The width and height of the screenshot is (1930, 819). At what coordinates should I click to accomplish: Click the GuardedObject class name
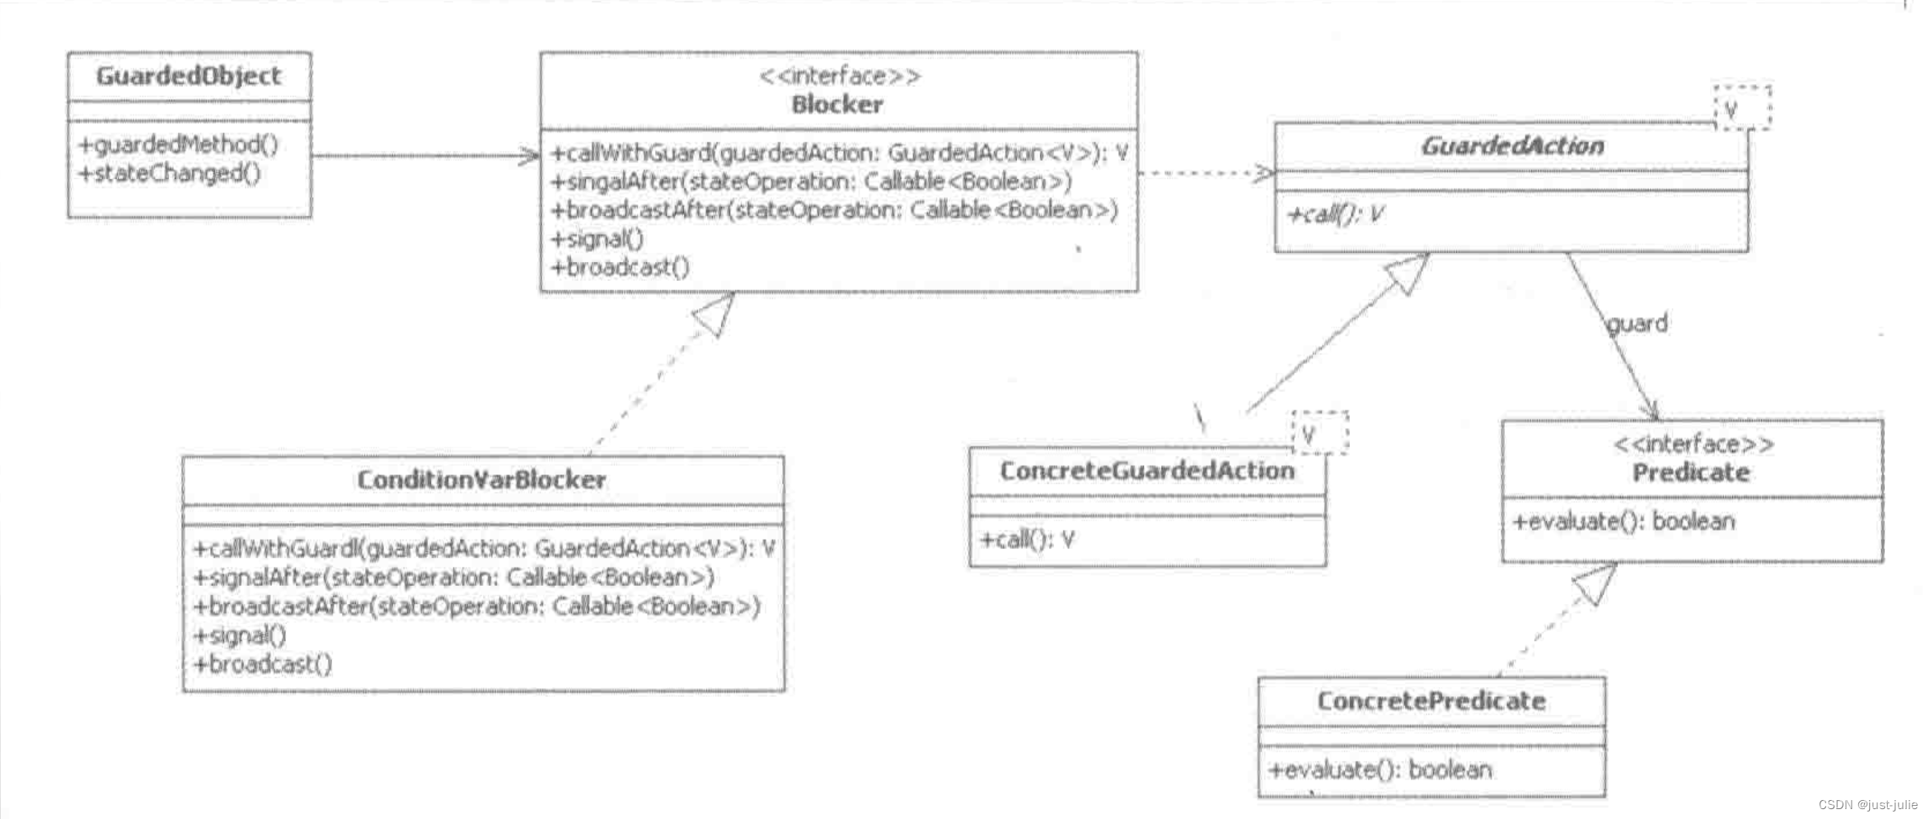[188, 76]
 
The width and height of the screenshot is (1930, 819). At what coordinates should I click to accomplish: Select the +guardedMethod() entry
[178, 145]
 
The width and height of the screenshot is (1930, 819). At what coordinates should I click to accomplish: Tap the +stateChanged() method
[169, 174]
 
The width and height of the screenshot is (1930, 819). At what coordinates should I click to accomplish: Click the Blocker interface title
[837, 105]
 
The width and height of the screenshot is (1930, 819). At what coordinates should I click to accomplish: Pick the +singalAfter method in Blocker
[811, 181]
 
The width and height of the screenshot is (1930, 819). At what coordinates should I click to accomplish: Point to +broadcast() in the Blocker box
[620, 268]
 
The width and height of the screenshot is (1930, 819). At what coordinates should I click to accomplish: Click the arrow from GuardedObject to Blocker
[424, 156]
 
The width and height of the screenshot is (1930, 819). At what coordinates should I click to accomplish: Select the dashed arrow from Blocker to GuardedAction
[1205, 173]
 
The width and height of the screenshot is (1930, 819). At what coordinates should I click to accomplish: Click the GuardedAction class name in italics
[1512, 147]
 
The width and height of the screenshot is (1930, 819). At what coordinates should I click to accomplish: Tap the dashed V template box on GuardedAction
[1741, 108]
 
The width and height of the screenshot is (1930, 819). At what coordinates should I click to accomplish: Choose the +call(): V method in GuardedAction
[1335, 215]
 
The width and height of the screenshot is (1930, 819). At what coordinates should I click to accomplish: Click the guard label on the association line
[1637, 324]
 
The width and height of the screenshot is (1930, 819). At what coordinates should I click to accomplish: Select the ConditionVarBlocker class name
[481, 480]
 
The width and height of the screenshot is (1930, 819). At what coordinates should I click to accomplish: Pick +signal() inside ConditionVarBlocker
[240, 635]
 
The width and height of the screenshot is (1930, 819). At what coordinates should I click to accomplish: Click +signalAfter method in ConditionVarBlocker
[453, 578]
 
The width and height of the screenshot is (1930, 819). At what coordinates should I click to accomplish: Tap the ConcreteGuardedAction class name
[1147, 471]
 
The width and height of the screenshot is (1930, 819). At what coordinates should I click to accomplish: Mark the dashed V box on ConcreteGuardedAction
[1319, 433]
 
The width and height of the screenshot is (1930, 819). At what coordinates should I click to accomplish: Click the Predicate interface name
[1691, 473]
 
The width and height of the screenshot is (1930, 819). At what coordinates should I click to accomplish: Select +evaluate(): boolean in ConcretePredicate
[1380, 770]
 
